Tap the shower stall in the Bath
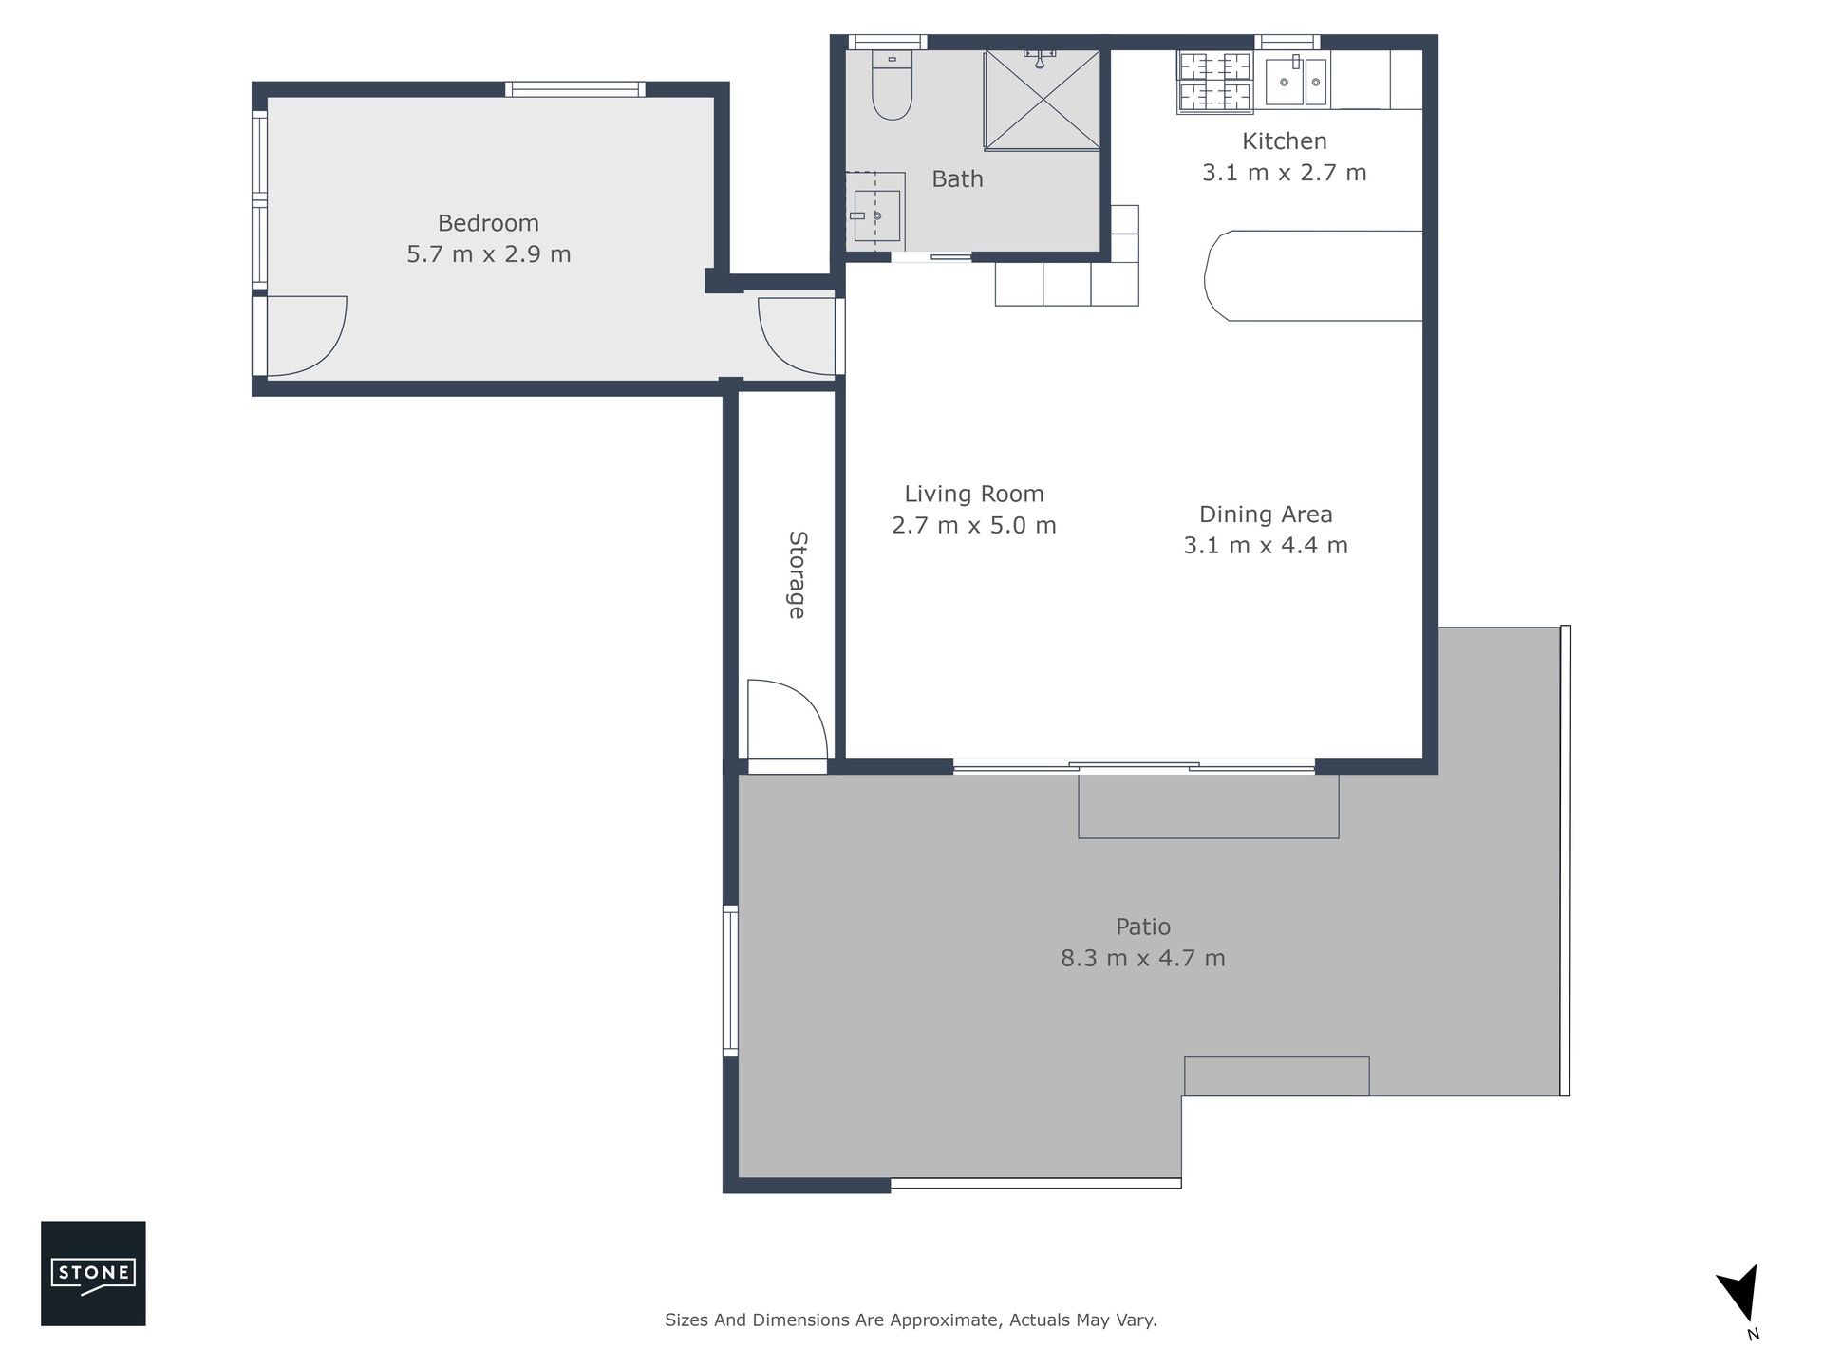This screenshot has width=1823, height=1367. (x=1042, y=100)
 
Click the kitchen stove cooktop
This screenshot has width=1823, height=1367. (x=1215, y=82)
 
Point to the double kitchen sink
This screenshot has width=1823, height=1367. (x=1297, y=81)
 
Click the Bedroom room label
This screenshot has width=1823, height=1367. (x=488, y=223)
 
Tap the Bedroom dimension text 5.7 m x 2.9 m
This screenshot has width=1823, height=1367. (x=489, y=254)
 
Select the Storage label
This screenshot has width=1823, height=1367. (x=798, y=575)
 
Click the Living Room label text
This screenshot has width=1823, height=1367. (x=974, y=494)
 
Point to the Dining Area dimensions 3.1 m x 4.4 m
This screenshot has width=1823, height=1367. (x=1266, y=545)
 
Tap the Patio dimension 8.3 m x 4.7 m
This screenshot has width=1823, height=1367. (x=1143, y=958)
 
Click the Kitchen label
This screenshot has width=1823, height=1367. (x=1285, y=141)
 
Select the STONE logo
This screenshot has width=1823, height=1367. (x=93, y=1273)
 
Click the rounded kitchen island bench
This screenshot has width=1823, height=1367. (x=1313, y=275)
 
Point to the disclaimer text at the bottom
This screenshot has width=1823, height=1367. (x=911, y=1320)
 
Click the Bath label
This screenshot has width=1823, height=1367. (x=957, y=178)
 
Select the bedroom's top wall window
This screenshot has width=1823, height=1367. (x=574, y=89)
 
